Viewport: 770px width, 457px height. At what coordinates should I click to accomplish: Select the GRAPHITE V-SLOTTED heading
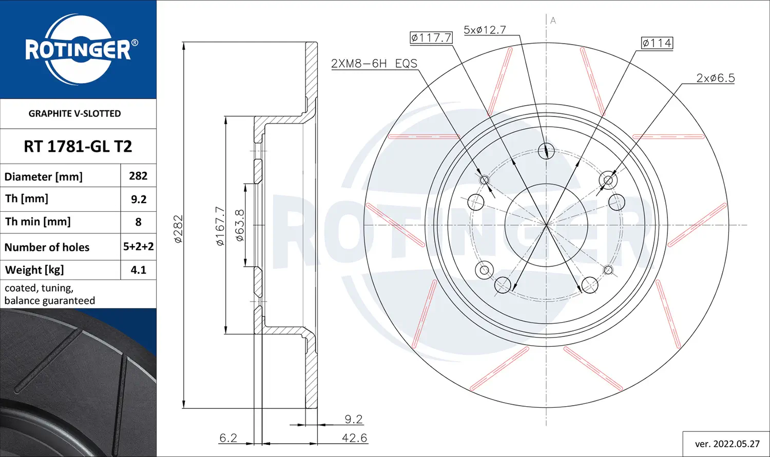click(x=74, y=114)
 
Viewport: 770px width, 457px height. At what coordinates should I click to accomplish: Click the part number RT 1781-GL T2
click(x=78, y=146)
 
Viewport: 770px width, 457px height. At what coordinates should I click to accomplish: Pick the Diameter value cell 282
click(x=138, y=176)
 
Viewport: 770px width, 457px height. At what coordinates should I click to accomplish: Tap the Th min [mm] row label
click(x=37, y=222)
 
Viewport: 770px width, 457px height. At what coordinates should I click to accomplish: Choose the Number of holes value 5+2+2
click(x=139, y=247)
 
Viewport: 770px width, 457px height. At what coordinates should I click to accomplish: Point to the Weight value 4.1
click(x=139, y=270)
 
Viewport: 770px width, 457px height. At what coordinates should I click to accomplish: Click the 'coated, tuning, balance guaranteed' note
click(x=49, y=294)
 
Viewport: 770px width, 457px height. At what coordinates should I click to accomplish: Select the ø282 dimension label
click(x=179, y=229)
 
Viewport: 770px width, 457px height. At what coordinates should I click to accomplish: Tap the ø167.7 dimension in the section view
click(x=220, y=226)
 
